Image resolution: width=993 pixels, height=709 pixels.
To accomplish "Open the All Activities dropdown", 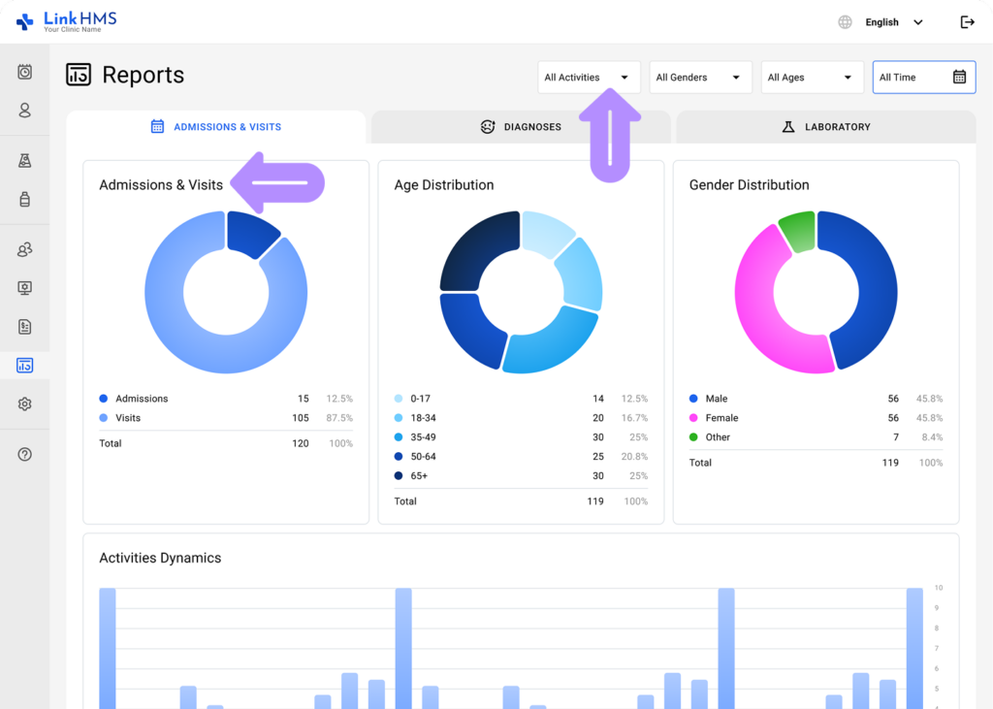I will coord(589,78).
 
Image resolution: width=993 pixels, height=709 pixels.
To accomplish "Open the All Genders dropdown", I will coord(700,78).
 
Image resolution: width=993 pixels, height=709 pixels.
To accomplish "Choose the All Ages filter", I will coord(812,78).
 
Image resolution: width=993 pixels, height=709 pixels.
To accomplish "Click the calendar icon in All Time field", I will coord(959,78).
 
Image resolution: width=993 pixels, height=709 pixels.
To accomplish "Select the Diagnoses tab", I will coord(521,127).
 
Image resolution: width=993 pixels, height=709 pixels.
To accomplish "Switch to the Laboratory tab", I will coord(825,127).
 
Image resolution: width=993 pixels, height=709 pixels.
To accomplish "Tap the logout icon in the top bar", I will coord(967,22).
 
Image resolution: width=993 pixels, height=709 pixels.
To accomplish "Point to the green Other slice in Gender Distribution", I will coord(797,232).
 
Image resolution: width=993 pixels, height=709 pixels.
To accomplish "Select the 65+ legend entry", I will coord(418,476).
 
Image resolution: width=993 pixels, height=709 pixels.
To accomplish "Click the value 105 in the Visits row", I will coord(301,418).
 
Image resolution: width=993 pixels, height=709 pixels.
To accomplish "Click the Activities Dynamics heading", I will coord(160,558).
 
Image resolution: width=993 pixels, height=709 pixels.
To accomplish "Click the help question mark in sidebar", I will coord(25,454).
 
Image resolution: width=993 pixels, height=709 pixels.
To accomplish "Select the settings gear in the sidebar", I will coord(25,404).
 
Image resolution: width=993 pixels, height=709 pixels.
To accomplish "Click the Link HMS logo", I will coord(66,21).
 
